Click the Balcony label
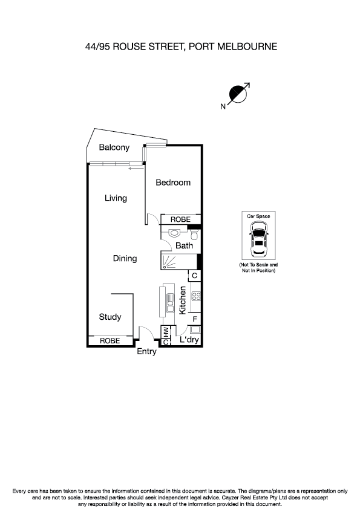pyautogui.click(x=114, y=148)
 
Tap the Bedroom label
pyautogui.click(x=173, y=183)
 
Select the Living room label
pyautogui.click(x=115, y=198)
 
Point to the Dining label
pyautogui.click(x=125, y=259)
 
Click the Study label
pyautogui.click(x=110, y=317)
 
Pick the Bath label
pyautogui.click(x=184, y=246)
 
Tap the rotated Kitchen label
pyautogui.click(x=182, y=300)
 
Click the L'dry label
pyautogui.click(x=189, y=340)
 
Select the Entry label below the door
pyautogui.click(x=146, y=352)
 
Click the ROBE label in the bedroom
pyautogui.click(x=180, y=219)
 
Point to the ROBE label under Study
pyautogui.click(x=110, y=341)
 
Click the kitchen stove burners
pyautogui.click(x=195, y=296)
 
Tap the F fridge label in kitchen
pyautogui.click(x=194, y=319)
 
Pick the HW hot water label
pyautogui.click(x=165, y=331)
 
